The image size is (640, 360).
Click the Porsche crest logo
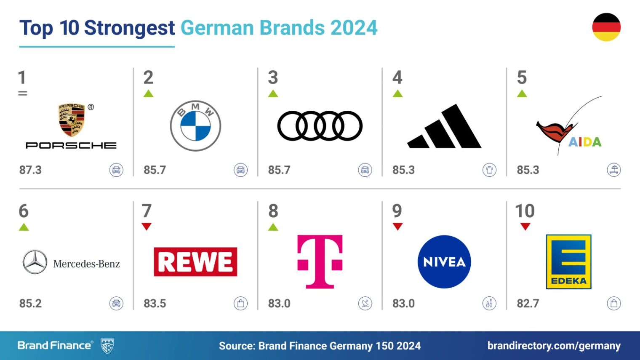pos(72,120)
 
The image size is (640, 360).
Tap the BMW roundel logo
pos(195,126)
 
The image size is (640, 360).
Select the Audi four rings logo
pos(320,126)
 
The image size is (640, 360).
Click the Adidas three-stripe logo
pos(445,127)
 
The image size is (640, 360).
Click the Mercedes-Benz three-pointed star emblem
pos(35,262)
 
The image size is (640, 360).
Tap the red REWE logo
pos(195,262)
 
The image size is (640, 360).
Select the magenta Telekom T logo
pos(320,261)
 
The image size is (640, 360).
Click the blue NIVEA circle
pos(444,262)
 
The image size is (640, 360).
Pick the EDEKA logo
pos(568,262)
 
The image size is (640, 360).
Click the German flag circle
pos(606,27)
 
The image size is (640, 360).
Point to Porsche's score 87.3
pos(30,170)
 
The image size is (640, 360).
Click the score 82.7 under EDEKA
pos(528,304)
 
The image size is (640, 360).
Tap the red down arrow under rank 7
pos(147,227)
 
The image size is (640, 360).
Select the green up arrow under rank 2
pos(148,93)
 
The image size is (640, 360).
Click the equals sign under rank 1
pos(23,93)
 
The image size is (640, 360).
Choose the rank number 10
pos(525,211)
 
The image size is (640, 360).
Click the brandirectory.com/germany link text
pos(554,346)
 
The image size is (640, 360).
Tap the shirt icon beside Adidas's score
pos(489,170)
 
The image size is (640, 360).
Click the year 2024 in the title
pos(354,28)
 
